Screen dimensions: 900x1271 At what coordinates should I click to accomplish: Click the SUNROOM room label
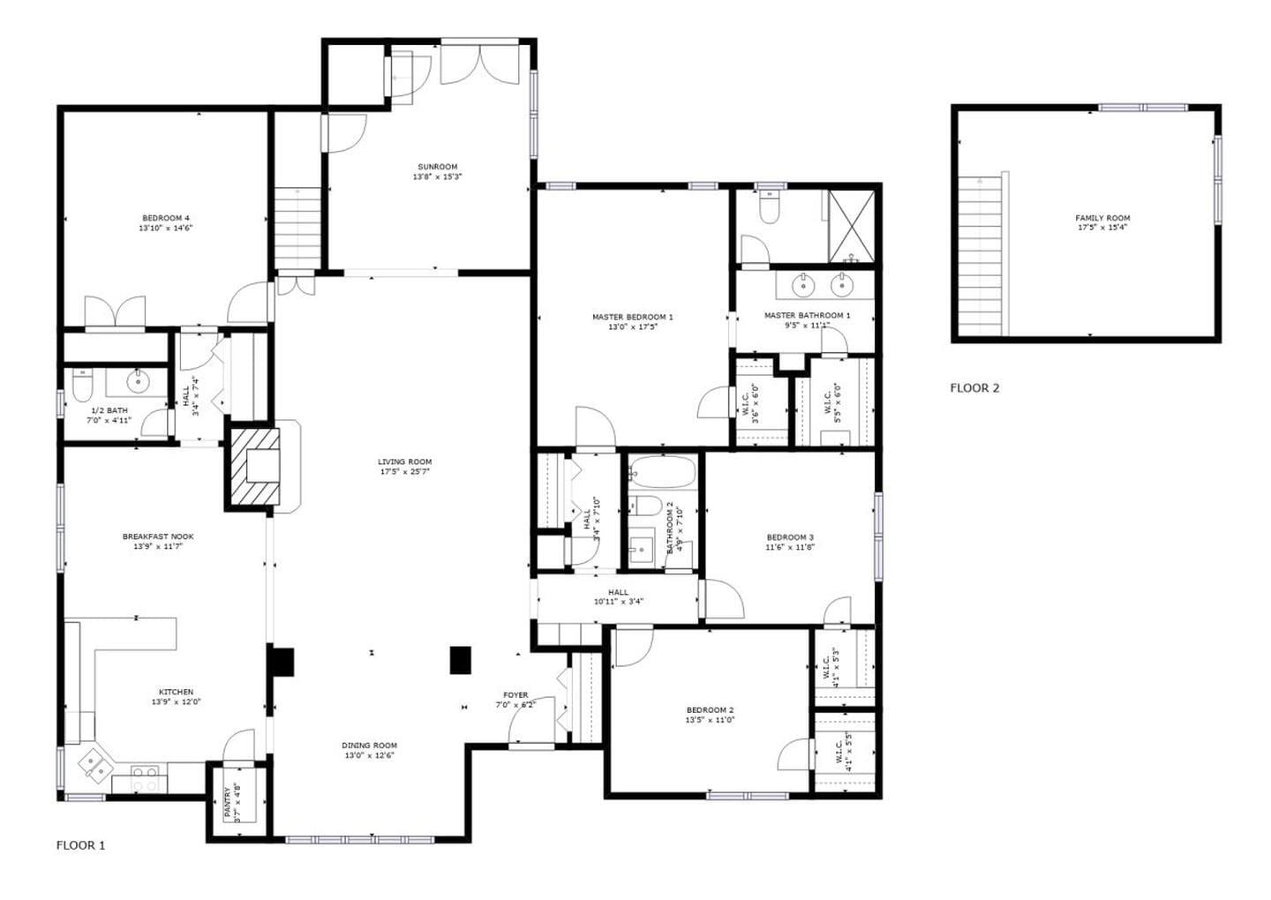tap(437, 167)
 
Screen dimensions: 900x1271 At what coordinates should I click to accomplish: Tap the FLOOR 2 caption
tap(974, 387)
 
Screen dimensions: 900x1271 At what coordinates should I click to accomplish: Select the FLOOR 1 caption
tap(80, 844)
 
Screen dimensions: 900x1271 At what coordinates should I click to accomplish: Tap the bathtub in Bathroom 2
tap(662, 474)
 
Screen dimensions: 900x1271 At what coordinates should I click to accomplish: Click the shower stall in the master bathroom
tap(852, 226)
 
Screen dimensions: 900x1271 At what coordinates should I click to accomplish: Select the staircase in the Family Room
tap(981, 256)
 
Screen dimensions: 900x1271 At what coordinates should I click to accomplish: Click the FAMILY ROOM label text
tap(1102, 218)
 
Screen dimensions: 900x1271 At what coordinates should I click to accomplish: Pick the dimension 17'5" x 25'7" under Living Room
tap(405, 472)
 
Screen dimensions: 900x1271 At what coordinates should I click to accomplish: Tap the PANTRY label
tap(227, 803)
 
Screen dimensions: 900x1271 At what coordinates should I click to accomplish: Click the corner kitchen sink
tap(94, 764)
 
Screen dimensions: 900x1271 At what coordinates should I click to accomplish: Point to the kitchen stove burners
tap(147, 778)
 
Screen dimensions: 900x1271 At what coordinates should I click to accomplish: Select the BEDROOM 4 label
tap(165, 218)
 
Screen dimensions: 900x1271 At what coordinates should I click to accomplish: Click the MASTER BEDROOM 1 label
tap(632, 317)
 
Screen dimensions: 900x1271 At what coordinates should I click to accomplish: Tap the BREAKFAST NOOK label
tap(158, 536)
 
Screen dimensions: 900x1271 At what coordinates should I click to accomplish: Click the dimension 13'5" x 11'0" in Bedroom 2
tap(710, 720)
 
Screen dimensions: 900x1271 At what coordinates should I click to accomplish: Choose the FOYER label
tap(515, 694)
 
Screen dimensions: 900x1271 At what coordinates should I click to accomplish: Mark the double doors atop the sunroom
tap(479, 64)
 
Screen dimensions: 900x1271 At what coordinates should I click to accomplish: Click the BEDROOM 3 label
tap(789, 536)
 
